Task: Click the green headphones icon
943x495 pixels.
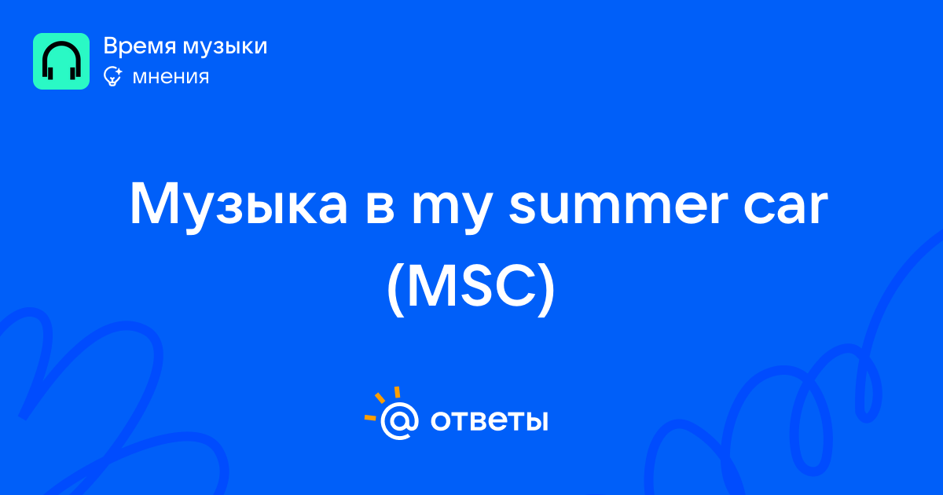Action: pos(61,61)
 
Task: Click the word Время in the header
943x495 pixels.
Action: pos(139,46)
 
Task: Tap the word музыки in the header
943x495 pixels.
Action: pos(225,47)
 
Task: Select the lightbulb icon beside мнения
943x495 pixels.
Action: pos(113,76)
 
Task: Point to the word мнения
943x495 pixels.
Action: pos(171,77)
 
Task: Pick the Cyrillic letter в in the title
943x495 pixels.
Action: pos(380,208)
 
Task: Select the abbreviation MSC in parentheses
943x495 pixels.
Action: pos(472,285)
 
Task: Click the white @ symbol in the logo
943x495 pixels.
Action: pos(399,421)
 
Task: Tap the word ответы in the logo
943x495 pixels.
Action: pos(489,421)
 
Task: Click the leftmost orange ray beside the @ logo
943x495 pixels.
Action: pos(370,417)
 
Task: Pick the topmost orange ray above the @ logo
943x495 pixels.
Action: pos(397,392)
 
